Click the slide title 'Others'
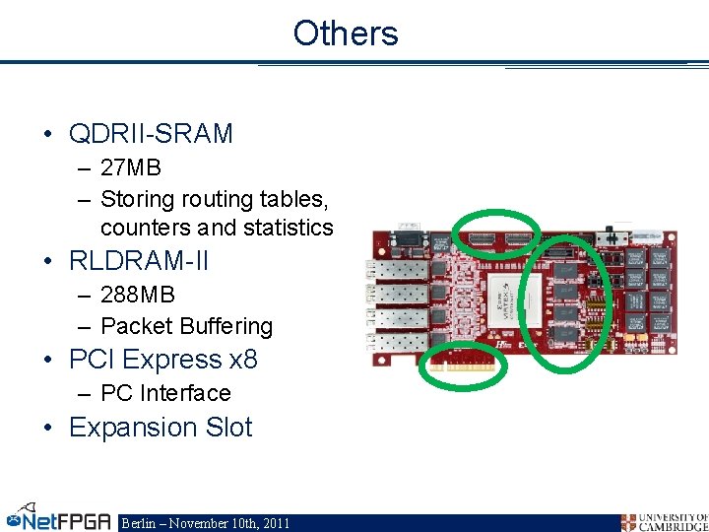pos(346,33)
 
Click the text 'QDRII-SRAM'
pos(151,133)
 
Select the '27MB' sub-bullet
pos(130,167)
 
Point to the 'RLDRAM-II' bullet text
pos(139,261)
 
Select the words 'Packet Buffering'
pos(186,326)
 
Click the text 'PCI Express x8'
pos(162,360)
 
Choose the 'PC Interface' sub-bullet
pos(165,393)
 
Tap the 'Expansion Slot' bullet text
pos(161,428)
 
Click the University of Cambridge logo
pos(664,521)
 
